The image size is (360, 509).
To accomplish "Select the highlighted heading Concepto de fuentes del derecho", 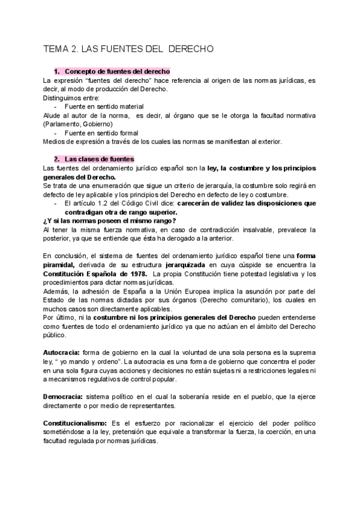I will click(117, 71).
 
